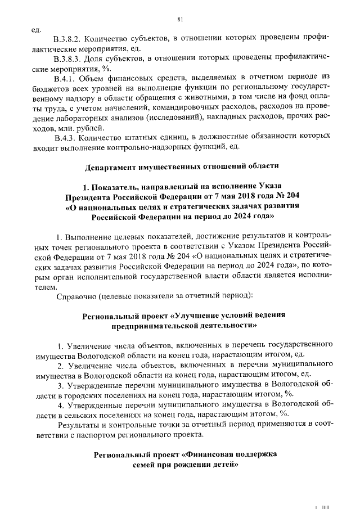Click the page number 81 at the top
pos(180,20)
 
